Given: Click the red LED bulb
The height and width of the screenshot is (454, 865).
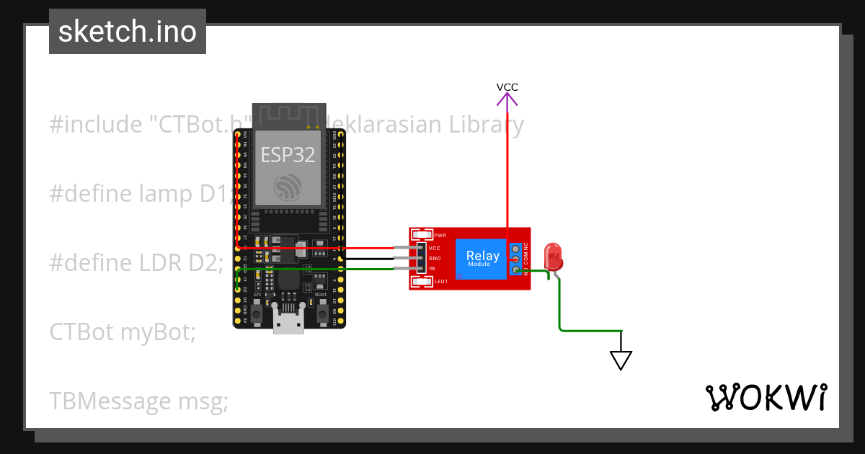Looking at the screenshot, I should click(554, 257).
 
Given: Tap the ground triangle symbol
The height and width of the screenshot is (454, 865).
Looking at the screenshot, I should click(621, 360).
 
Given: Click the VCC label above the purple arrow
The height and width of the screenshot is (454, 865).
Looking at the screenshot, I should click(507, 87).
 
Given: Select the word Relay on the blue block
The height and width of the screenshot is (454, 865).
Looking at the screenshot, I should click(482, 255).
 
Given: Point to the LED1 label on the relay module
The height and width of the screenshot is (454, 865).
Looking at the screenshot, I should click(441, 281).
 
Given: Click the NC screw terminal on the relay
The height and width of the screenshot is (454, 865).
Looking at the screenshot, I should click(516, 248).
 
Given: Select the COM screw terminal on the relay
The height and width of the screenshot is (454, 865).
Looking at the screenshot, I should click(516, 259).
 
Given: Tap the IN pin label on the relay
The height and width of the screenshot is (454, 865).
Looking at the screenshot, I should click(432, 268).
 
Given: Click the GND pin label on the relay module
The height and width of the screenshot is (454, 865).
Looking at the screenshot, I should click(434, 258).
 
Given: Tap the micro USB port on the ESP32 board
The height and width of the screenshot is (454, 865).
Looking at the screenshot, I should click(288, 324).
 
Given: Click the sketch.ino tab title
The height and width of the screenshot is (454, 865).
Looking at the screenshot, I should click(128, 32).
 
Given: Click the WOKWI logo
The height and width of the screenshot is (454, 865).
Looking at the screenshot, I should click(766, 397).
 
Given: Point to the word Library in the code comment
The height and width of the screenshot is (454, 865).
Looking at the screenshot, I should click(487, 125).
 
